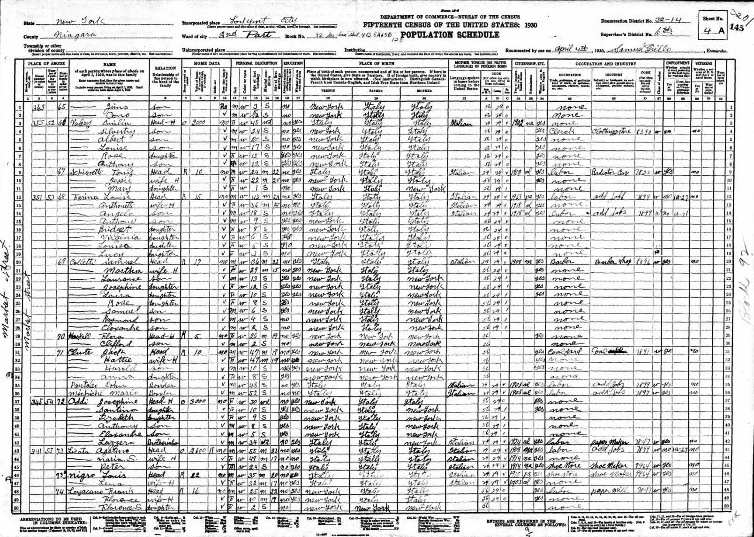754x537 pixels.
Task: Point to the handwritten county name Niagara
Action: coord(75,35)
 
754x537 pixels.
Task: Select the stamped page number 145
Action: coord(737,28)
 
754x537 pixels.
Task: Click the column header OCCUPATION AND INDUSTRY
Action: coord(605,63)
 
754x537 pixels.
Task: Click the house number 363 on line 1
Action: coord(39,107)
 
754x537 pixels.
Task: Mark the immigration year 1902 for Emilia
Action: coord(517,123)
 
